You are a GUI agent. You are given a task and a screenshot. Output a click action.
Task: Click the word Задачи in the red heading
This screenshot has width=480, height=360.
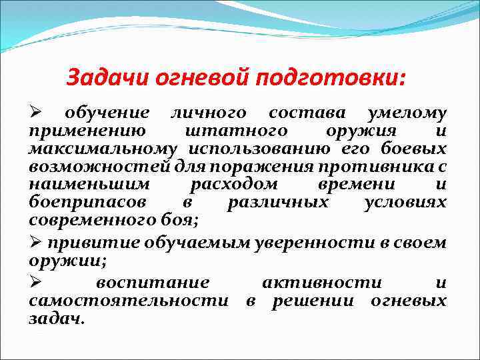(x=109, y=79)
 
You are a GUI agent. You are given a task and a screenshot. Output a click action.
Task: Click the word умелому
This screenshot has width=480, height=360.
(x=407, y=114)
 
